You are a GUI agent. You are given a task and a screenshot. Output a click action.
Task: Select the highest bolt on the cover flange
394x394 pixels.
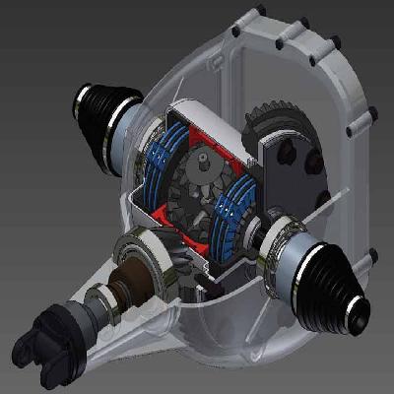pyautogui.click(x=259, y=13)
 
